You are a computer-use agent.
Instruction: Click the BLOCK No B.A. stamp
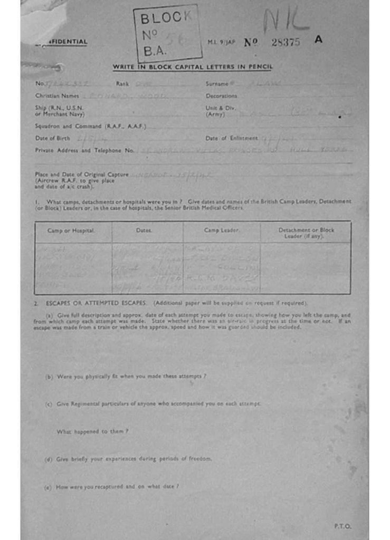point(167,33)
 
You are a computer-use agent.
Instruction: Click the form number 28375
point(286,42)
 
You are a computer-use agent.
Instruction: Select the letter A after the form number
point(318,39)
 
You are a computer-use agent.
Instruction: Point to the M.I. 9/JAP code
point(221,42)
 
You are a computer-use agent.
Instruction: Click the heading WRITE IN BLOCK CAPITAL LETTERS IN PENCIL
point(192,67)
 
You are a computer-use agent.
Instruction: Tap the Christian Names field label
point(57,96)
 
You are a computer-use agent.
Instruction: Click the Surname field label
point(217,83)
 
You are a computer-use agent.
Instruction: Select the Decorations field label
point(221,96)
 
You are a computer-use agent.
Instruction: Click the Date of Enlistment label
point(232,138)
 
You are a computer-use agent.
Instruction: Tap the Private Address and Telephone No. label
point(84,150)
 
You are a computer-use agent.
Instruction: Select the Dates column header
point(144,231)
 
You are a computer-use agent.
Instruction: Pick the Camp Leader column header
point(221,231)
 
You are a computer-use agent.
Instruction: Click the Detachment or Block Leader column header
point(306,233)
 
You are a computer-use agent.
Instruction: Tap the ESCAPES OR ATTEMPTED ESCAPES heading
point(97,303)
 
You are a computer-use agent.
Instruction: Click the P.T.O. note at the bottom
point(342,526)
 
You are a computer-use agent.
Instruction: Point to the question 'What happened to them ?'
point(92,431)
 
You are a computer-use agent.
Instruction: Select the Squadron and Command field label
point(90,126)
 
